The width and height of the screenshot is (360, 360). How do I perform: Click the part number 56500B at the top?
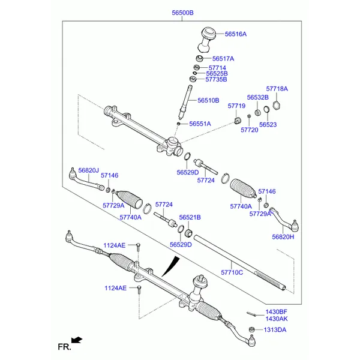coord(182,12)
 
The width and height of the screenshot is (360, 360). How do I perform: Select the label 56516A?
coord(236,34)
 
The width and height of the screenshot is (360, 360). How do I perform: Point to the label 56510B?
coord(208,100)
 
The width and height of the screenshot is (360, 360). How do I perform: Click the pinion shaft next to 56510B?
coord(185,101)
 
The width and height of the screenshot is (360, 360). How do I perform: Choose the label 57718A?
coord(277,89)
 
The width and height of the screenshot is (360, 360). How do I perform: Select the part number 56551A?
coord(200,124)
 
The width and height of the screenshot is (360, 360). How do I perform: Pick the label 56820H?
coord(283,236)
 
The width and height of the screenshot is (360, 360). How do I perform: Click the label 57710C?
coord(232,272)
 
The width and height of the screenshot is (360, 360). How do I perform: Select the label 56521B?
coord(190,217)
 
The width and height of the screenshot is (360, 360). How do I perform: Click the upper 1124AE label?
coord(114,245)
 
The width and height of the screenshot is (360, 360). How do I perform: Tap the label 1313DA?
coord(275,330)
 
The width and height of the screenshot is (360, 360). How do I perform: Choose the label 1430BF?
coord(277,311)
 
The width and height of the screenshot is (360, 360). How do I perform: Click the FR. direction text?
coord(64,346)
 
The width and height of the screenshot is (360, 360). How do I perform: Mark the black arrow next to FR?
coord(76,340)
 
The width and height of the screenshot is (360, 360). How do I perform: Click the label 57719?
coord(236,106)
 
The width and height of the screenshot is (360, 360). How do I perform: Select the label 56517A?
coord(223,58)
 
